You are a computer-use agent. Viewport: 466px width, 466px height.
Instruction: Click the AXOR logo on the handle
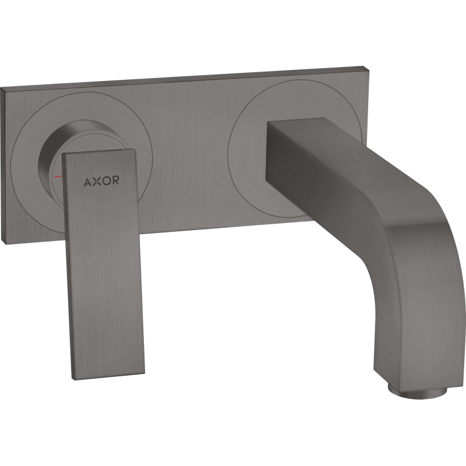tap(101, 181)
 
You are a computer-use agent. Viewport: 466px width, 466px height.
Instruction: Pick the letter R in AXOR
tap(115, 180)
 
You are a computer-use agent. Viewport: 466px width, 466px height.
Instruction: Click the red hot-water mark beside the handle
tap(58, 176)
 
